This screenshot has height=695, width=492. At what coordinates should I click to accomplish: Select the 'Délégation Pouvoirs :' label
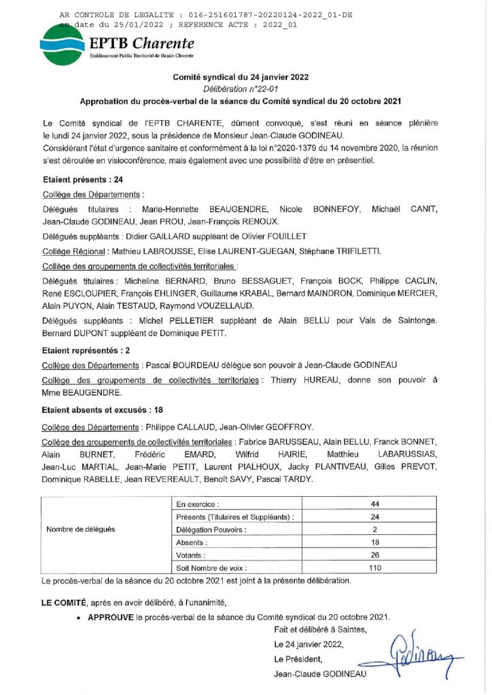coord(211,529)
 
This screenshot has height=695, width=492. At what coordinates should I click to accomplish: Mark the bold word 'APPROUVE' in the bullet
coord(110,616)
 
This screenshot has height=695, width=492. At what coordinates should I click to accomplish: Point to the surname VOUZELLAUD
coord(216,305)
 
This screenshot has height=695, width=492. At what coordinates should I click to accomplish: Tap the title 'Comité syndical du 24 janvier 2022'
coord(245,77)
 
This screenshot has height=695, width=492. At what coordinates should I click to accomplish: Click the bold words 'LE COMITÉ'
coord(64,602)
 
